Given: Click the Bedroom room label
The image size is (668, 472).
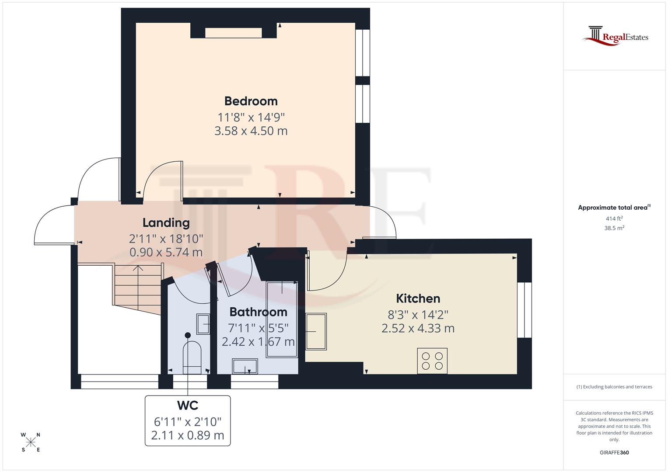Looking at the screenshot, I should click(251, 101).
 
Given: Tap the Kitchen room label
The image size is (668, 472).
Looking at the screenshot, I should click(418, 298).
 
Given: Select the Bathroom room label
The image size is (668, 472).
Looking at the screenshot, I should click(258, 312).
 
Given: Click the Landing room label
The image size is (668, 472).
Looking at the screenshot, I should click(166, 223).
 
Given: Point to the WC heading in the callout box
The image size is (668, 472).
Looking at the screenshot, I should click(188, 406).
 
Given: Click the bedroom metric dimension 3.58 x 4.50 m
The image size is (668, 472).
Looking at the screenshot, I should click(251, 131).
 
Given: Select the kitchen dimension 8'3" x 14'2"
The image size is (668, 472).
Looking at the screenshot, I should click(418, 315).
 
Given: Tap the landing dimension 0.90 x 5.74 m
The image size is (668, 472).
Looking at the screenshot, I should click(166, 252).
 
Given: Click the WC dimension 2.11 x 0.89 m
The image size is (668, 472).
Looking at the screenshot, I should click(188, 435).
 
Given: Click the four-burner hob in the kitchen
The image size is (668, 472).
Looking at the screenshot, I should click(432, 361).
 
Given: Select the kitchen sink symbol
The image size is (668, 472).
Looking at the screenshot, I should click(316, 332).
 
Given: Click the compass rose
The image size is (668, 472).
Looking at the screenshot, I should click(31, 442).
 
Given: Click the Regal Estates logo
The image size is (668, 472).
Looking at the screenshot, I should click(615, 36).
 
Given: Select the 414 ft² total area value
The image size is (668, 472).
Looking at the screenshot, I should click(614, 219).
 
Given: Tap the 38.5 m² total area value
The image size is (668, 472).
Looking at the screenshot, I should click(614, 228).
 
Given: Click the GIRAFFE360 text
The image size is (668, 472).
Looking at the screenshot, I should click(614, 453).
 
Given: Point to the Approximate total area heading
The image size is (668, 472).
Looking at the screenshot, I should click(613, 208).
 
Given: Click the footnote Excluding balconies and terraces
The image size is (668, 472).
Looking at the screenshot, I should click(614, 387).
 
